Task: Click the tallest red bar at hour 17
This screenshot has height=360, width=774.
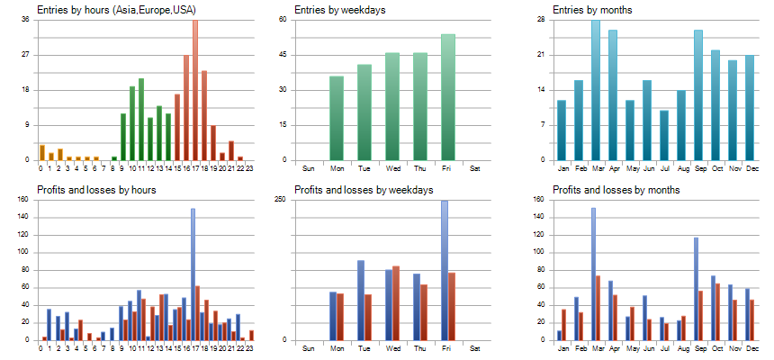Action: (195, 90)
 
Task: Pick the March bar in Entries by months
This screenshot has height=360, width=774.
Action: (596, 90)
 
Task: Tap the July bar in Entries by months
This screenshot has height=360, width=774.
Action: (664, 135)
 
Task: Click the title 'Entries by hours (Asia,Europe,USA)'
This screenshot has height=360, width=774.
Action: (117, 10)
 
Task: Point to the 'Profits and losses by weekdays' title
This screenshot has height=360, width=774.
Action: (364, 190)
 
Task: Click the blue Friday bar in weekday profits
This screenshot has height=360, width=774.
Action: (445, 270)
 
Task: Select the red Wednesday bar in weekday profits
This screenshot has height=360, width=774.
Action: (396, 303)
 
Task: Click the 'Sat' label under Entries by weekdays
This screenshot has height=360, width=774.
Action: (476, 168)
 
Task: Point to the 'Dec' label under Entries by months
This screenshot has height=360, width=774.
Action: (750, 168)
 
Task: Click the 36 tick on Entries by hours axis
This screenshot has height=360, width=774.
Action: (25, 20)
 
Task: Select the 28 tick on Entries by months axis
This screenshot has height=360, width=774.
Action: (540, 20)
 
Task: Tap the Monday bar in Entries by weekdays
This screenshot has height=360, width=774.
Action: (337, 118)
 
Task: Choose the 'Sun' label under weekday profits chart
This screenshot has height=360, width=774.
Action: (309, 348)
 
